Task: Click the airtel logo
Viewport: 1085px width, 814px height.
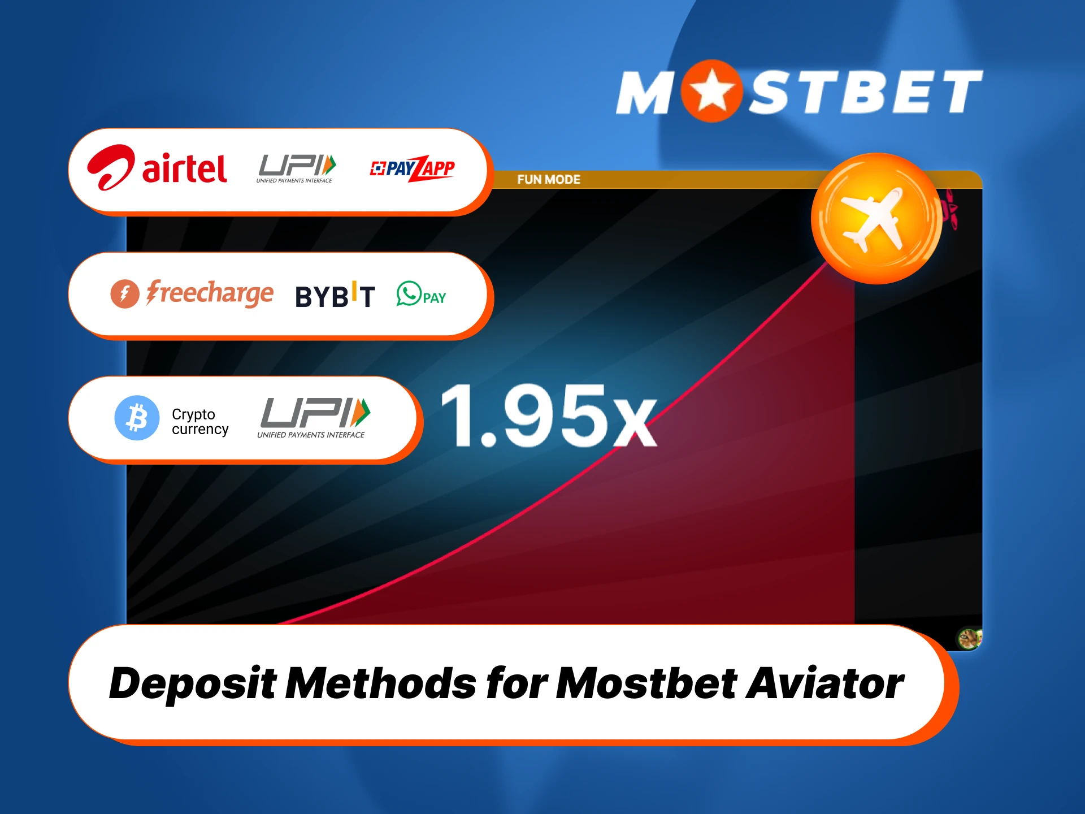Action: (x=157, y=168)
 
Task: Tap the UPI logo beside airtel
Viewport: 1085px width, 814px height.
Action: (x=296, y=168)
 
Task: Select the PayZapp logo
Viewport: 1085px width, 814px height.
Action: (x=413, y=168)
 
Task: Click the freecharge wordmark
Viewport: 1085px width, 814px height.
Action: (x=210, y=293)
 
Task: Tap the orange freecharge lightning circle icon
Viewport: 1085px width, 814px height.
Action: (x=124, y=294)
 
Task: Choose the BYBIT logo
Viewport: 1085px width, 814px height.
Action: (x=335, y=296)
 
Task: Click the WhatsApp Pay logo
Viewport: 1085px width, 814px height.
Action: (x=421, y=295)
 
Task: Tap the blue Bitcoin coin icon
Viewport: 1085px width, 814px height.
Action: (x=137, y=418)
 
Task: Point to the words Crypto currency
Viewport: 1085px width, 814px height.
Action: (x=200, y=422)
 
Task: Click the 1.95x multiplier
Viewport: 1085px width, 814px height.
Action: (x=548, y=416)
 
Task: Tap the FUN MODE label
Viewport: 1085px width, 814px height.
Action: (x=549, y=180)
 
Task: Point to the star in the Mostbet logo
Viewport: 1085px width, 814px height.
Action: (x=711, y=91)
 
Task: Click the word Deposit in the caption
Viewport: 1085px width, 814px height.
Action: (x=192, y=683)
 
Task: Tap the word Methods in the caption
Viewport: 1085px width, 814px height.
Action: (x=381, y=683)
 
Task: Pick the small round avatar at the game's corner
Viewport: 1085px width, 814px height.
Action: (x=969, y=639)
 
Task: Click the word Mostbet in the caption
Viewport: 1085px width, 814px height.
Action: (x=646, y=683)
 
